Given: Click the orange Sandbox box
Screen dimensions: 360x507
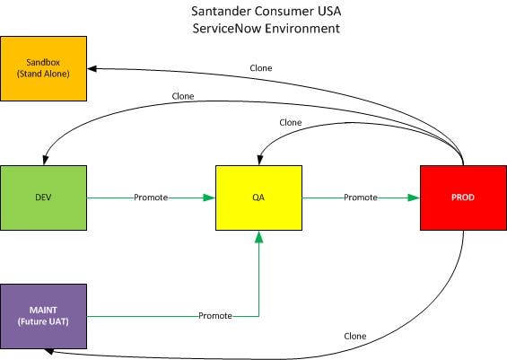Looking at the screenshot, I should pos(43,68).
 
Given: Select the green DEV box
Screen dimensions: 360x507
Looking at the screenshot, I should pos(43,198).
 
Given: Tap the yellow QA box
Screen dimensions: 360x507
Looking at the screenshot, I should pos(258,198).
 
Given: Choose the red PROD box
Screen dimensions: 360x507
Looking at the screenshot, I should pos(463,198).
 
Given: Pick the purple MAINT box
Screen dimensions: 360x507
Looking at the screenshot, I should pos(43,315).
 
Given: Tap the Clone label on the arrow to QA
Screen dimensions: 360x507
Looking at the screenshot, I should pos(290,122).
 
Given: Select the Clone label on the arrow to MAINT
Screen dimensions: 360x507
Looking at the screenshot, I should pos(354,336).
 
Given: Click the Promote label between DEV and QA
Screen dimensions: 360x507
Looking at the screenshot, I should pos(150,198).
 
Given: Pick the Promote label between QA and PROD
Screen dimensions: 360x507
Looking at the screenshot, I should pos(360,198).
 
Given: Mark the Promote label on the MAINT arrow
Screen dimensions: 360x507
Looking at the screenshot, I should pos(215,316).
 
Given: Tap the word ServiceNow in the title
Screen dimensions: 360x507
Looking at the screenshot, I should pos(232,29).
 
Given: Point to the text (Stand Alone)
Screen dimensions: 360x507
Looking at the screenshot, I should pos(43,75).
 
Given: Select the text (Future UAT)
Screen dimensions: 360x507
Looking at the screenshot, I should pos(43,321).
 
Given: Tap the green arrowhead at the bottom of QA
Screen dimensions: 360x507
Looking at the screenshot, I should pos(258,236).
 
